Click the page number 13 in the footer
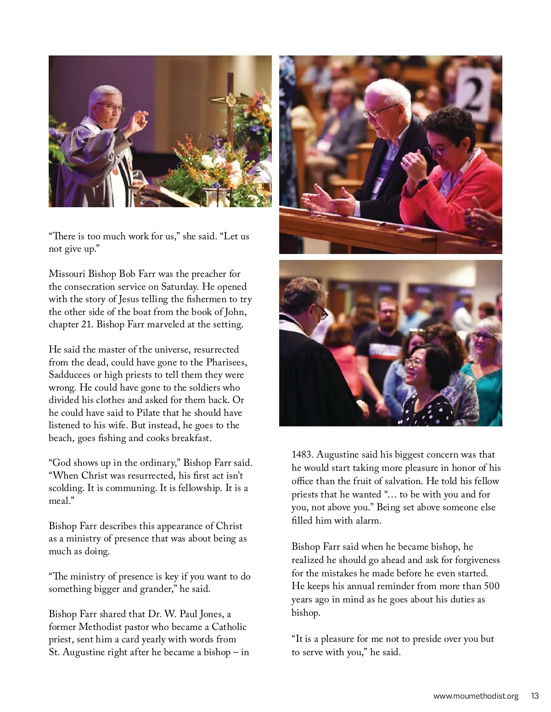534,696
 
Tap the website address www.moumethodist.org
476,696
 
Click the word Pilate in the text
148,413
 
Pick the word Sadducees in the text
70,375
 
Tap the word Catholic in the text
229,627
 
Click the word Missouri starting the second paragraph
67,274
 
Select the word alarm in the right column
367,520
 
